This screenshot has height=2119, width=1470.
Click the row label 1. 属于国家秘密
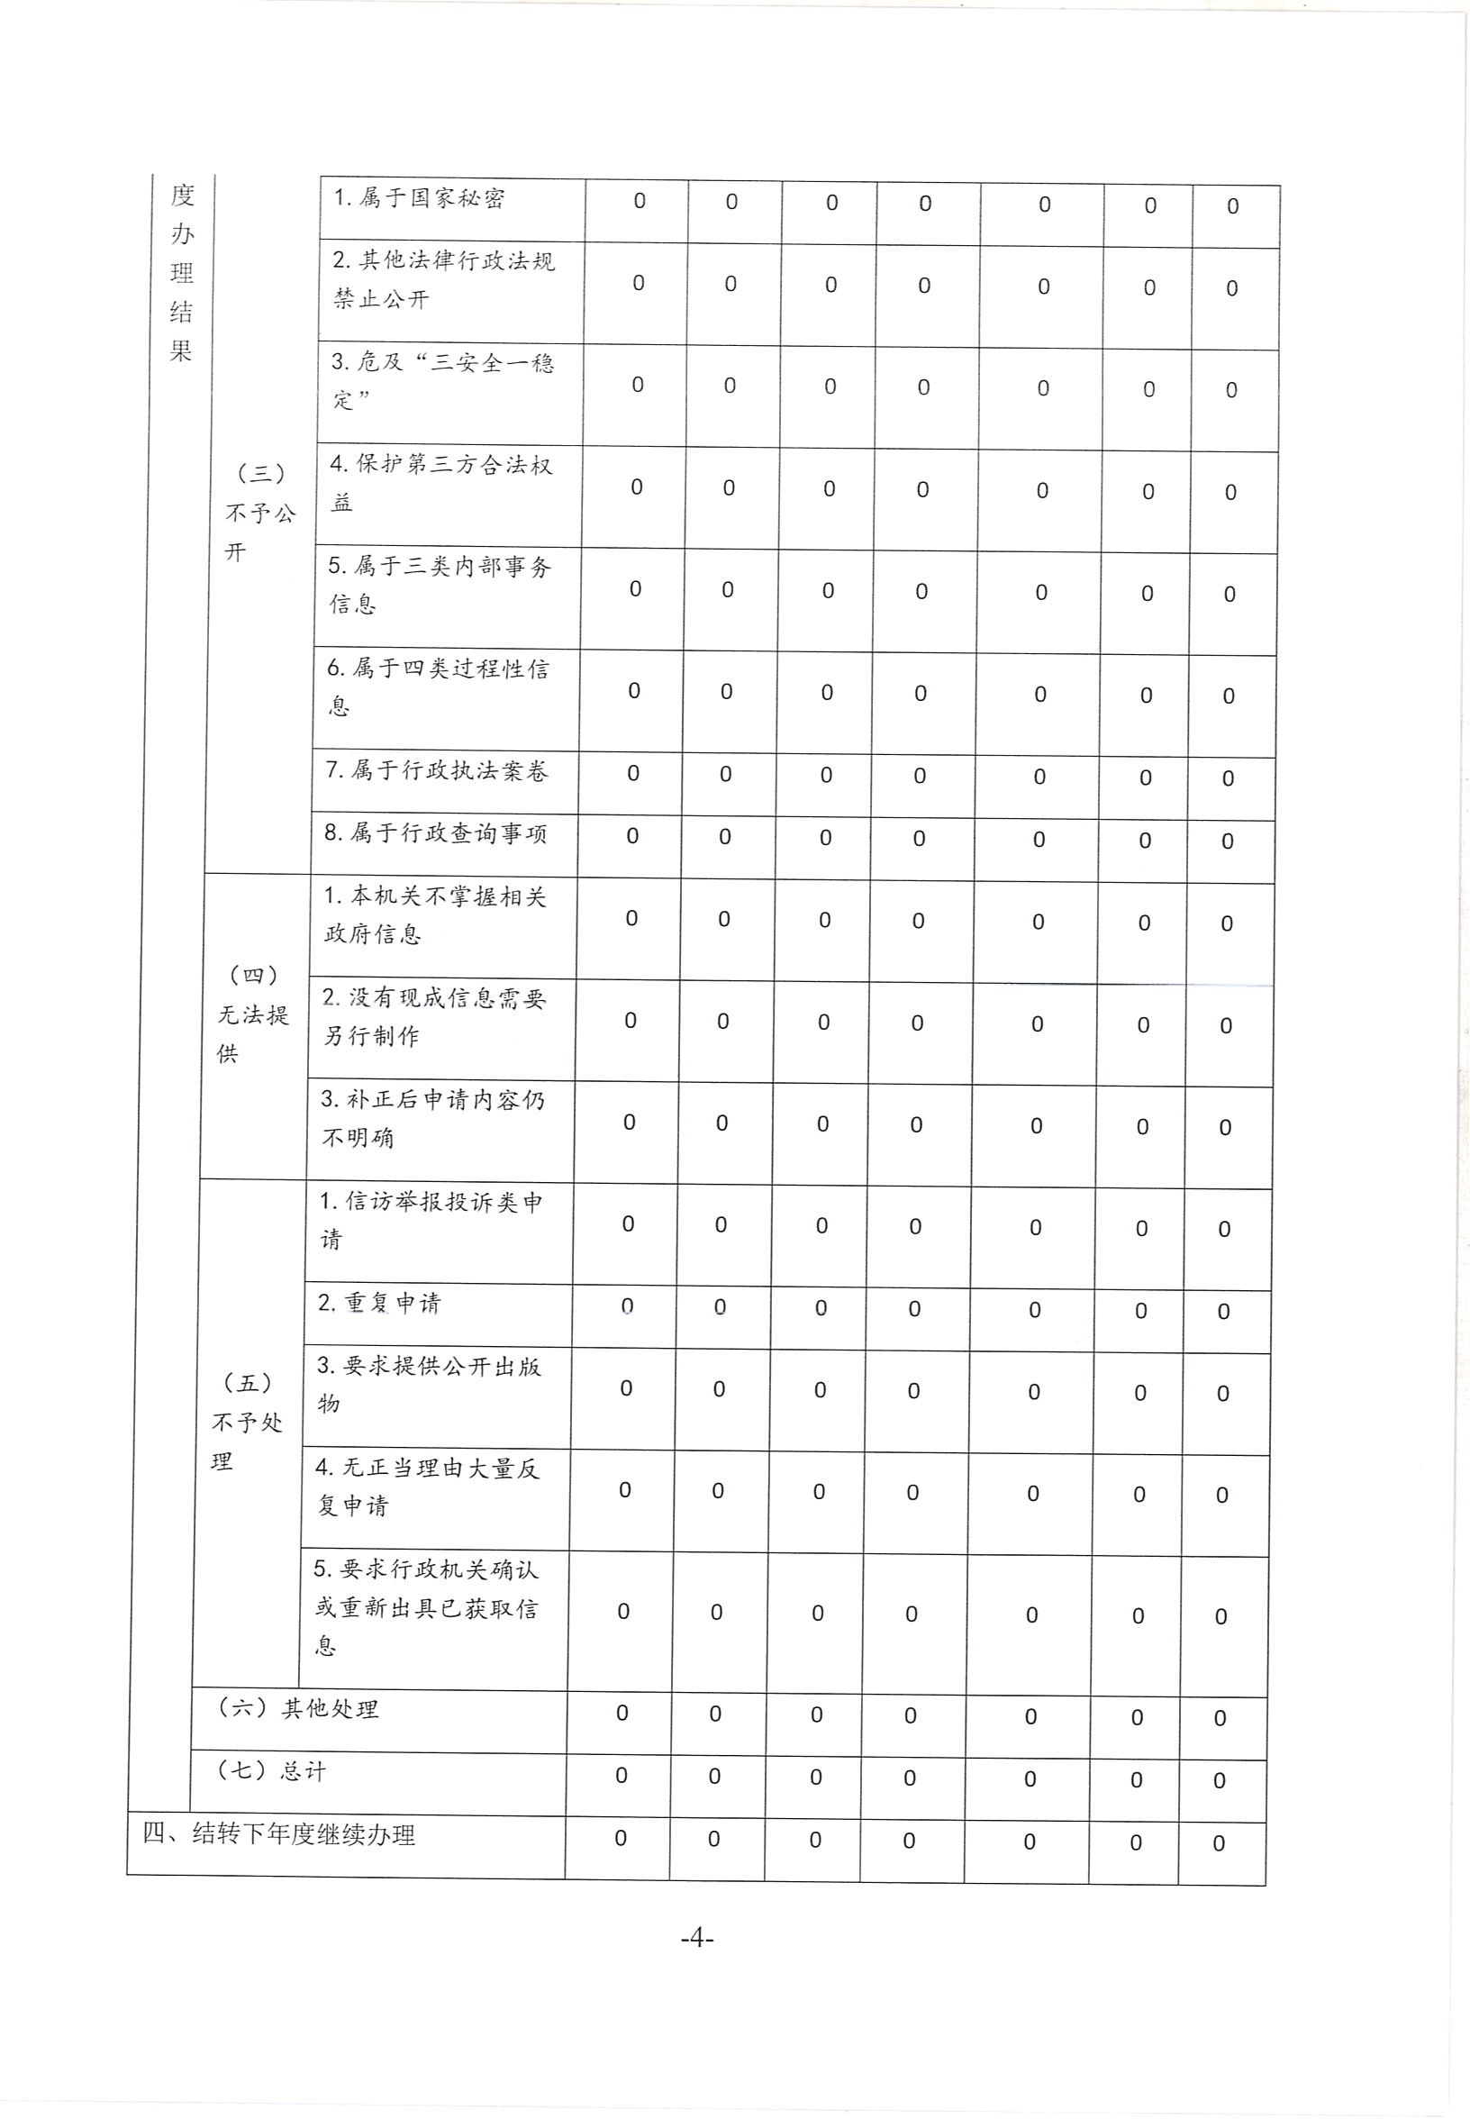[419, 199]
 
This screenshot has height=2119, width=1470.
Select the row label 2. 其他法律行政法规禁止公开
[443, 280]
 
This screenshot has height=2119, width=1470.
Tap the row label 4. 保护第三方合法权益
[440, 484]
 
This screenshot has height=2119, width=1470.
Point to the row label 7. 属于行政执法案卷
[438, 770]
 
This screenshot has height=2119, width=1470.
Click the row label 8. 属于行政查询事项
[436, 833]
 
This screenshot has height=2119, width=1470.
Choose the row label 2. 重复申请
[379, 1303]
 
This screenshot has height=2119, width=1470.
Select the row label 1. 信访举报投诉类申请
[431, 1221]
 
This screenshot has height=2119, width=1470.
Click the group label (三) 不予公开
[260, 513]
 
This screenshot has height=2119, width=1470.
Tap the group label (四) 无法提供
[252, 1014]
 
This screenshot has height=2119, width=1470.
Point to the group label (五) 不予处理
[247, 1422]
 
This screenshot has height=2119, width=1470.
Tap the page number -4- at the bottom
[697, 1939]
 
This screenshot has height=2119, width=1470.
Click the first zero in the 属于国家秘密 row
[640, 201]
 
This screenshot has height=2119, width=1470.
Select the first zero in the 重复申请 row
[627, 1306]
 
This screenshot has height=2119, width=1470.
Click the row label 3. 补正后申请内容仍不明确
[432, 1118]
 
